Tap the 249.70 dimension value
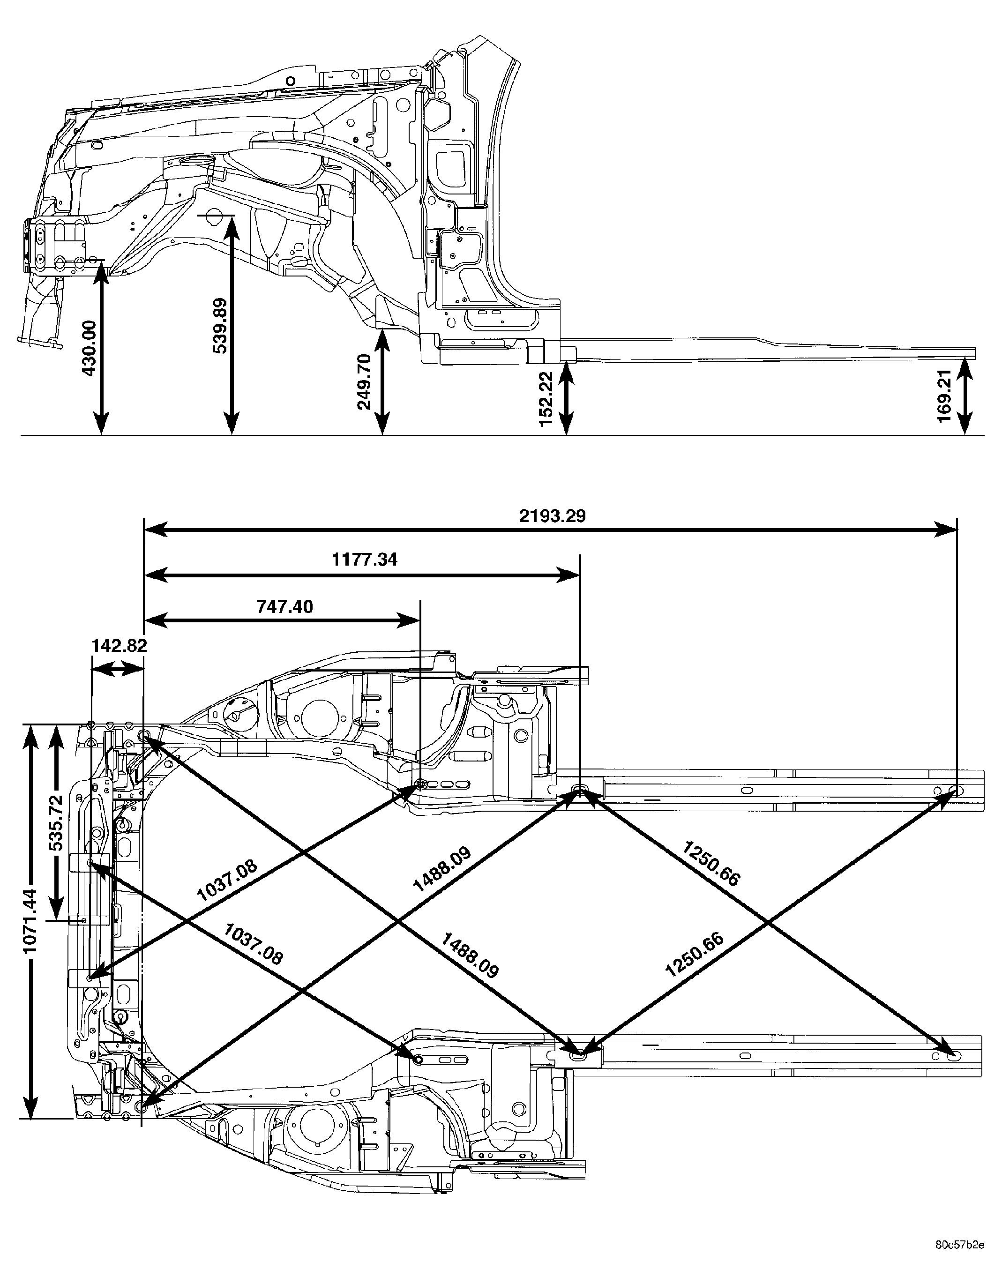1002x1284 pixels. (365, 381)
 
